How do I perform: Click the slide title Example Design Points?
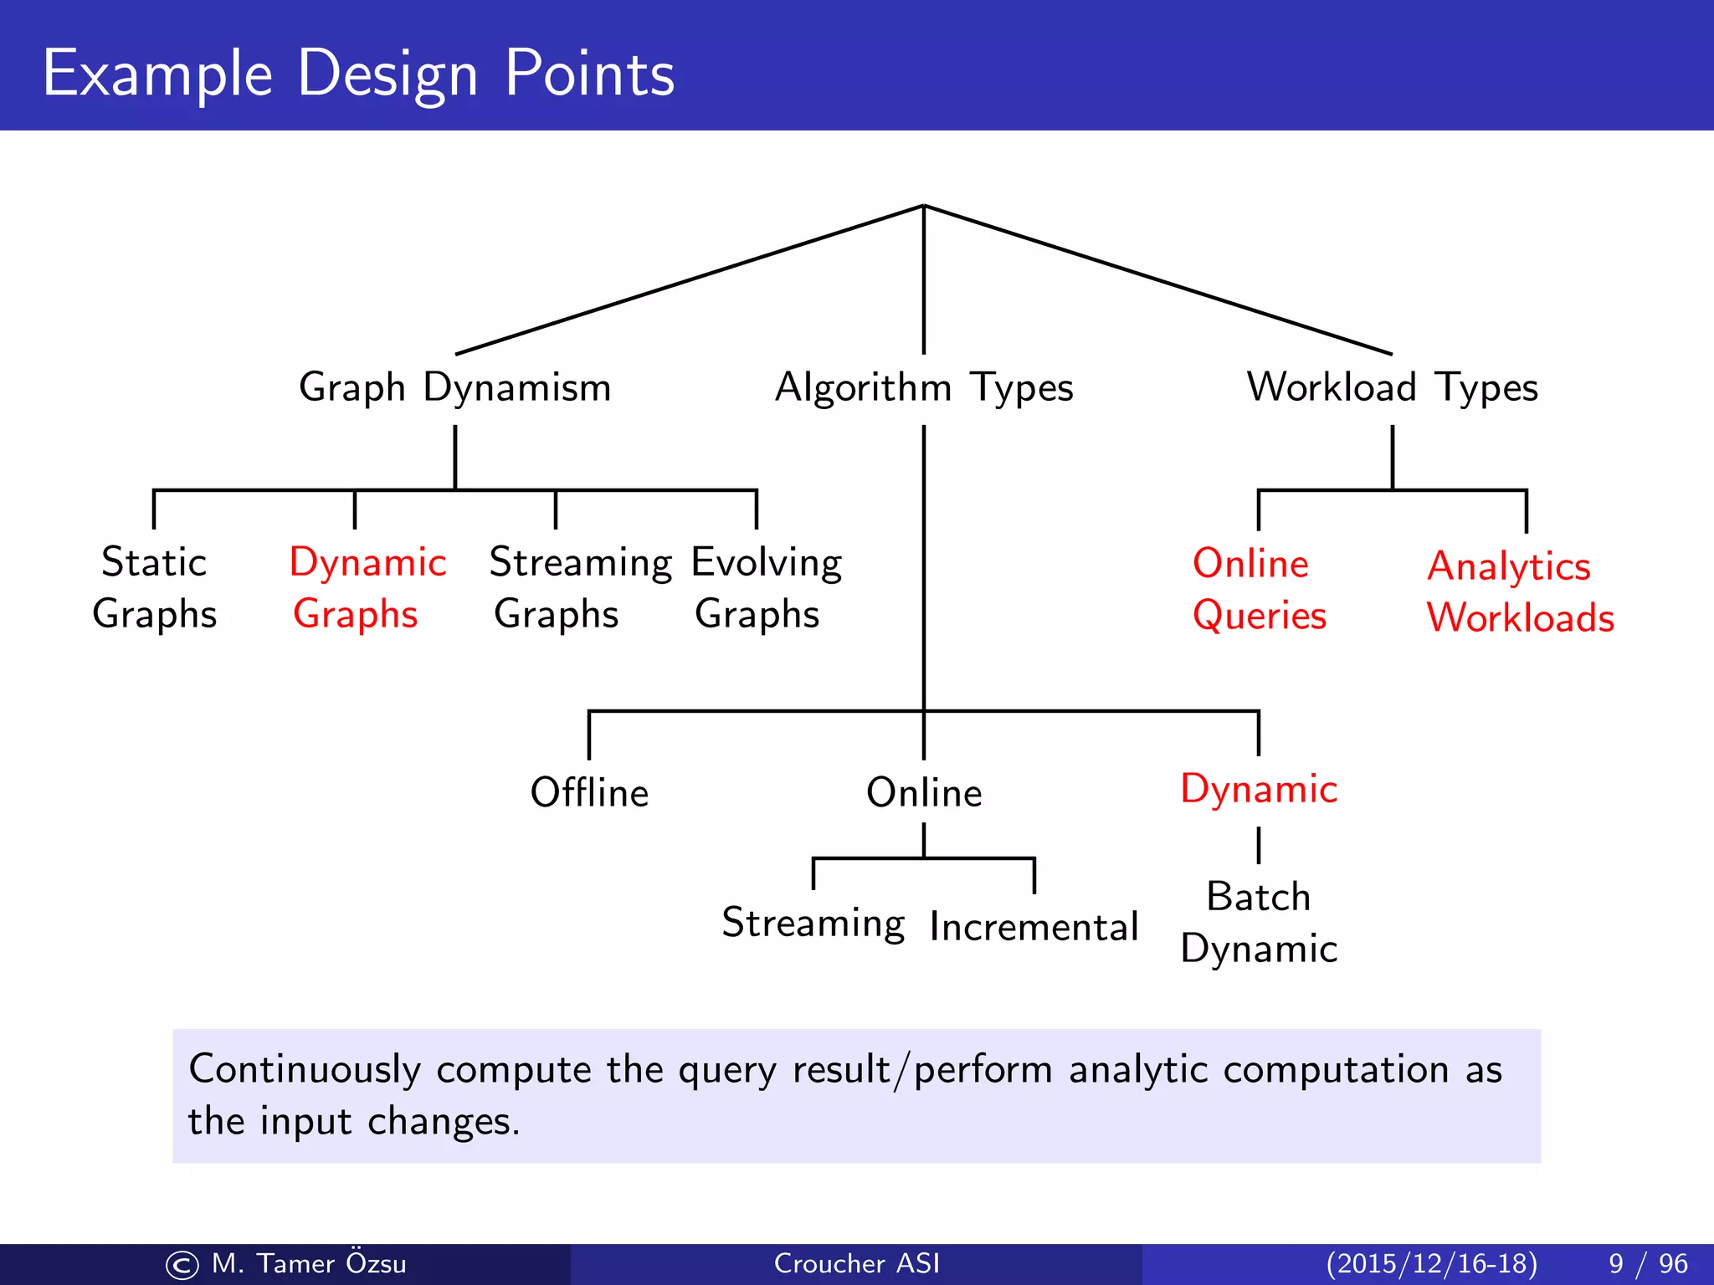point(358,74)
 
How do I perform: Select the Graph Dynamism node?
point(454,387)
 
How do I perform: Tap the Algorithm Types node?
point(923,387)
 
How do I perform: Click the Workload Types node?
point(1392,387)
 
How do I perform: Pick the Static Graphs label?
point(154,587)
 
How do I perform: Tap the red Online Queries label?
point(1258,589)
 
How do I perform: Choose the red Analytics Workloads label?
point(1519,591)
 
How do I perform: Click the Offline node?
point(589,791)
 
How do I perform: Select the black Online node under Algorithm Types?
point(924,791)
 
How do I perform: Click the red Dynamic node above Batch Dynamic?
point(1259,788)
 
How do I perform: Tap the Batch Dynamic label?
point(1259,922)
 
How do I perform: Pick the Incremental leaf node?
point(1034,926)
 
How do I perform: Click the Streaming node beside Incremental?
point(813,923)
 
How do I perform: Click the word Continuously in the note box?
point(305,1069)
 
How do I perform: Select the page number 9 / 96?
point(1647,1263)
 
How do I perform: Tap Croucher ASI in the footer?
point(856,1263)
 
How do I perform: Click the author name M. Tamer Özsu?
point(308,1263)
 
